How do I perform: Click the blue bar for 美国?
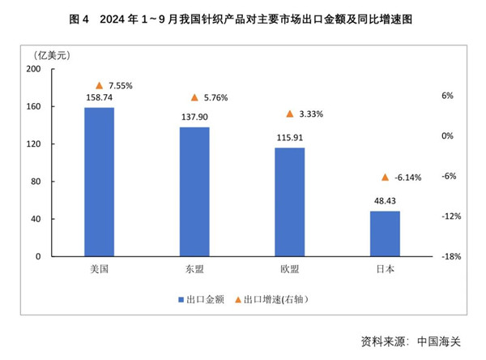point(99,182)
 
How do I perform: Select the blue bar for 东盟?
point(194,191)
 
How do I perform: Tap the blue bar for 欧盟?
point(289,202)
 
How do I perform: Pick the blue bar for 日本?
point(385,234)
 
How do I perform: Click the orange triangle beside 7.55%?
point(100,85)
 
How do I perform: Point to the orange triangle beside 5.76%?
point(194,97)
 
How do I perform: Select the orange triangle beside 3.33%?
point(290,114)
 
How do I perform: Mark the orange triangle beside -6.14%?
point(386,178)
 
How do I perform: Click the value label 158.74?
point(99,99)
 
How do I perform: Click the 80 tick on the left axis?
point(36,182)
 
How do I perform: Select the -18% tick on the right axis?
point(451,257)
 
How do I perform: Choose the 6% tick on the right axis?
point(447,96)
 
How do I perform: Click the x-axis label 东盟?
point(194,270)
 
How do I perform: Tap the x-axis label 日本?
point(385,270)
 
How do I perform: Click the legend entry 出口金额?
point(199,299)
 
